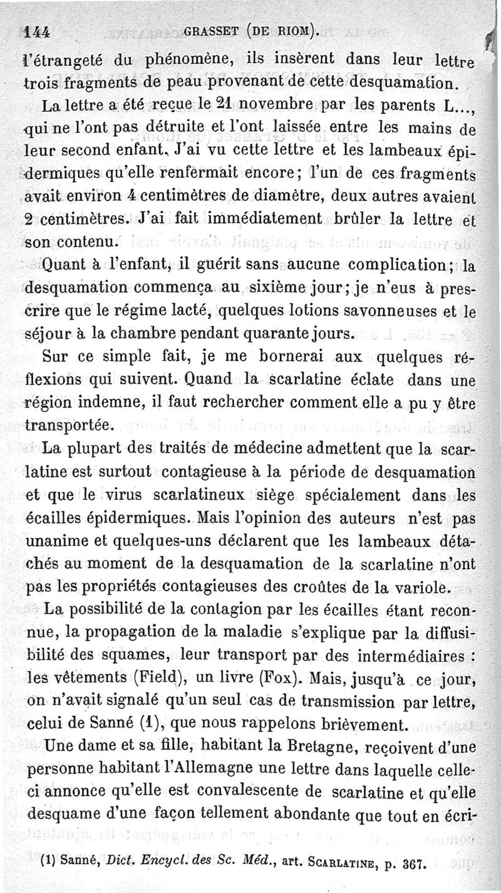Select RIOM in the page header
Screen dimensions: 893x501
(294, 29)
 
